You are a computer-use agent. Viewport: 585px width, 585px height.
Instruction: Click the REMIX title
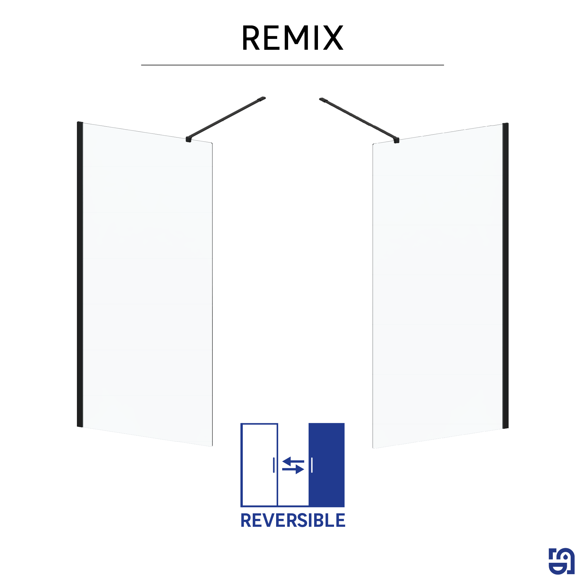(292, 37)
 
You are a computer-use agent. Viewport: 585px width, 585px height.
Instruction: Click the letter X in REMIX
(333, 37)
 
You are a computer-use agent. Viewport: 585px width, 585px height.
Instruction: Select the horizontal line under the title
(292, 65)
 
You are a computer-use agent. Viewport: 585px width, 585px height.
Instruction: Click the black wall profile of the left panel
(80, 274)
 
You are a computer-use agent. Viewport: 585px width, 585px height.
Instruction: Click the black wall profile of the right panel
(505, 276)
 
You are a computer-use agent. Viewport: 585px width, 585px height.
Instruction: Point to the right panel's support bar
(359, 120)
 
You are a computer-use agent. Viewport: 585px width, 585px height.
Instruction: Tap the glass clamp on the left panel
(189, 139)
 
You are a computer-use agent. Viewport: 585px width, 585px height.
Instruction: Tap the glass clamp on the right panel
(396, 140)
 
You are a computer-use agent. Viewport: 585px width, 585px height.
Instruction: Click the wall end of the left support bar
(261, 99)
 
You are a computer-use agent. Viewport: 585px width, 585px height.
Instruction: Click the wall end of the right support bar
(324, 100)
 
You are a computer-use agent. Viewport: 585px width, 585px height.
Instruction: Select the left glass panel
(147, 284)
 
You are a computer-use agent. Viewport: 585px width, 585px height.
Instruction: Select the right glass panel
(438, 286)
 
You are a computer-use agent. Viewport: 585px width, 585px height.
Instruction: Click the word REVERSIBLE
(293, 521)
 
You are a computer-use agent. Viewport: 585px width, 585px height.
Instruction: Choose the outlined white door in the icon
(259, 464)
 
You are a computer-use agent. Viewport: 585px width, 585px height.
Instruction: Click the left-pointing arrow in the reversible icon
(293, 462)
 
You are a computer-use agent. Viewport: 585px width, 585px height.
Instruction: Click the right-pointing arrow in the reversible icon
(293, 469)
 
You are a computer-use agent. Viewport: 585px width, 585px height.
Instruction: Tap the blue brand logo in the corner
(561, 561)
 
